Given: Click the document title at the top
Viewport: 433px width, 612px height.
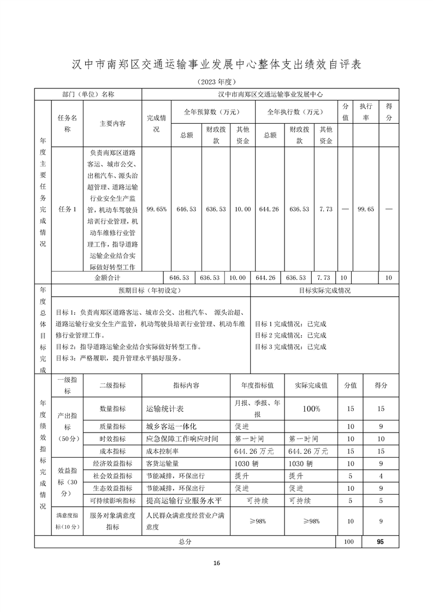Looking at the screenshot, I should (x=217, y=64).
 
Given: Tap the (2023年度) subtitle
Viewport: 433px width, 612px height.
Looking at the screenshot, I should (x=216, y=82).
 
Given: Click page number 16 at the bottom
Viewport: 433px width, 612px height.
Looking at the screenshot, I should (x=217, y=563).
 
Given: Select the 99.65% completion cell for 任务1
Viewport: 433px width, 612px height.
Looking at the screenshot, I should (x=157, y=209).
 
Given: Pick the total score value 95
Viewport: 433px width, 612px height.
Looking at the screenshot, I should (x=380, y=542).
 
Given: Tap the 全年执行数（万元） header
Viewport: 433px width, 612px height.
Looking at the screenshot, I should (x=296, y=112).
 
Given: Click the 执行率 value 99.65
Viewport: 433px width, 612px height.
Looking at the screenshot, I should (x=365, y=209).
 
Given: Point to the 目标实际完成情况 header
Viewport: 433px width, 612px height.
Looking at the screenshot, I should (x=324, y=291).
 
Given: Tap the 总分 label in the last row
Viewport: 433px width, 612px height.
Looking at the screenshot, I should (x=185, y=542).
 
